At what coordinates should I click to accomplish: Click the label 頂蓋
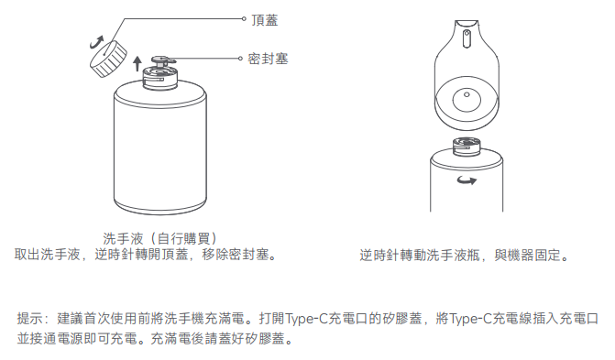265,19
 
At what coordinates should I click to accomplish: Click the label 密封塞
268,59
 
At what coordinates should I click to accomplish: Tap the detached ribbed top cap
109,59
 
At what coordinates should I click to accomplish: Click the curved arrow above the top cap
96,42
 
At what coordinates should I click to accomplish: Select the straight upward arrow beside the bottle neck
137,63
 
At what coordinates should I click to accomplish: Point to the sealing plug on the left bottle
162,60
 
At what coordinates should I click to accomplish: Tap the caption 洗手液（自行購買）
160,238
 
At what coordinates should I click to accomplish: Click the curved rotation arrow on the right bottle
467,180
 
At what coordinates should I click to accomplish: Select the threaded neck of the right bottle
467,147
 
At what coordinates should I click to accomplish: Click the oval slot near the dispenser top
467,38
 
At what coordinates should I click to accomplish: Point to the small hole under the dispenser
467,94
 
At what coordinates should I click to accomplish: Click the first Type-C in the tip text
305,319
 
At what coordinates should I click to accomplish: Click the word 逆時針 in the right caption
379,256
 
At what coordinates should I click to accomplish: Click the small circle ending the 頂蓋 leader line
244,18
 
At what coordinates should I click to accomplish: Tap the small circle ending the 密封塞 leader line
240,59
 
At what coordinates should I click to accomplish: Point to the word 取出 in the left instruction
27,255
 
